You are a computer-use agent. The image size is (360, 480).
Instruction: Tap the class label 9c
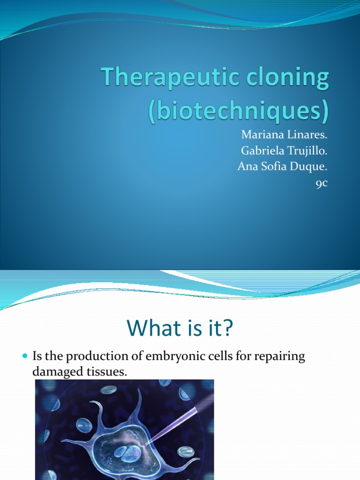tap(321, 184)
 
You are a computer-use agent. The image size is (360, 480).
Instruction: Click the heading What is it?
tap(180, 329)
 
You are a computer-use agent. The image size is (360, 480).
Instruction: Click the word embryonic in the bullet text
tap(172, 357)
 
